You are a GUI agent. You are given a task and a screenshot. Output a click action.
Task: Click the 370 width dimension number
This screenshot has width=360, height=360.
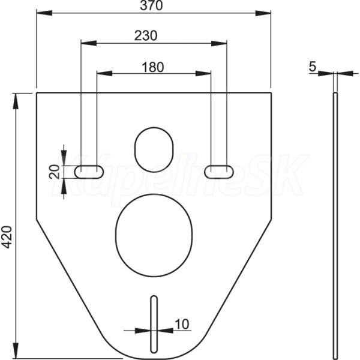click(x=151, y=5)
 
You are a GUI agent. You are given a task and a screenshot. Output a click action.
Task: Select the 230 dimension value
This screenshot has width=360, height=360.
click(x=146, y=35)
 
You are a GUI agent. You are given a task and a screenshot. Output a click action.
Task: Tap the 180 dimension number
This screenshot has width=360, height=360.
click(x=153, y=67)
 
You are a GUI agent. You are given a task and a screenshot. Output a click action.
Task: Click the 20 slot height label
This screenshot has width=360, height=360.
click(x=54, y=172)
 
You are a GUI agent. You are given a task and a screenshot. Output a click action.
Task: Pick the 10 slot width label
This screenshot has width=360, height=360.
click(x=182, y=324)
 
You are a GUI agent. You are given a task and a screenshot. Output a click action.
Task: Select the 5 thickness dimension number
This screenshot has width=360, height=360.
click(x=313, y=67)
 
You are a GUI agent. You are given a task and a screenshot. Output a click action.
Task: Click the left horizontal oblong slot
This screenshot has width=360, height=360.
click(x=89, y=172)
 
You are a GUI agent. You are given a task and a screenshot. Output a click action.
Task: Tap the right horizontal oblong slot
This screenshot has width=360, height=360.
click(x=219, y=172)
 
